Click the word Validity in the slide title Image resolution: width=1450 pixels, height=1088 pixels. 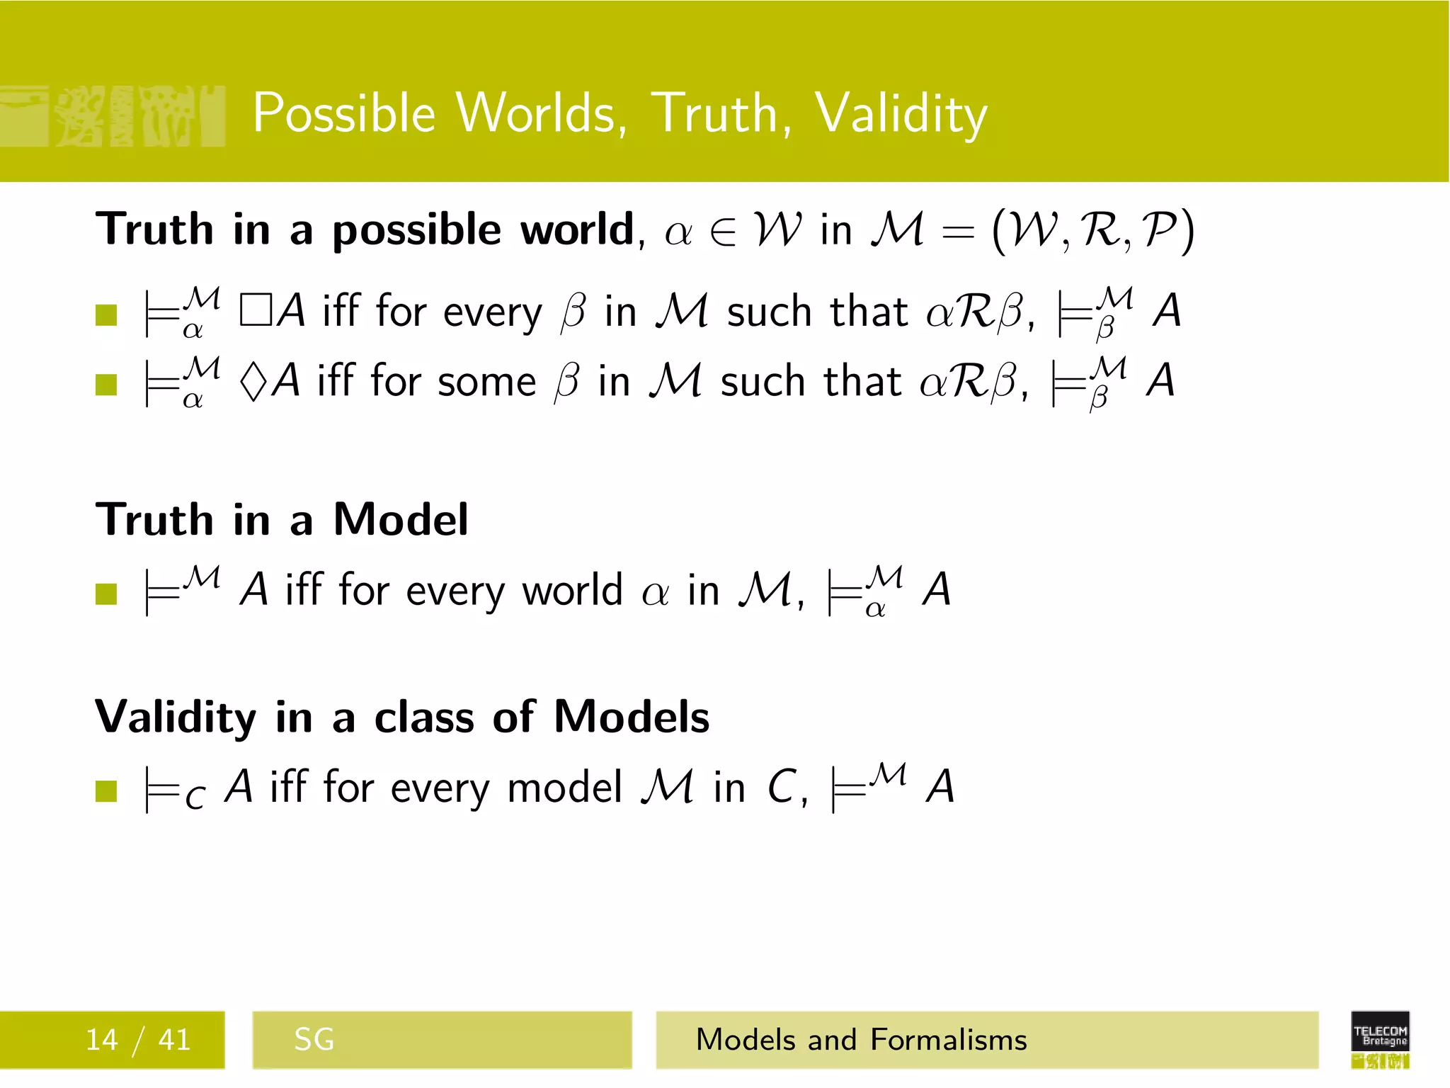[x=901, y=113]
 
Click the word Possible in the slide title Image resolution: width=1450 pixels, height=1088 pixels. [x=344, y=113]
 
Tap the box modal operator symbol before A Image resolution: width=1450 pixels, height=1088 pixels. [x=255, y=312]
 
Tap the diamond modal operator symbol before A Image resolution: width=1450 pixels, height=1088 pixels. [x=253, y=382]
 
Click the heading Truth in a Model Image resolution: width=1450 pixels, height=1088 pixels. [x=282, y=520]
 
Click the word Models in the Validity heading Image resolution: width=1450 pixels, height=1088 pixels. [x=631, y=717]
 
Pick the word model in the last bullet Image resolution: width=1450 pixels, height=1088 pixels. [x=564, y=788]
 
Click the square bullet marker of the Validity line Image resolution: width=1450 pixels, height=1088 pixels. [x=106, y=790]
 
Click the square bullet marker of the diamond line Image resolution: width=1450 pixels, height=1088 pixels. [x=106, y=385]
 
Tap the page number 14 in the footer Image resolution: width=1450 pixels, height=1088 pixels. [x=101, y=1040]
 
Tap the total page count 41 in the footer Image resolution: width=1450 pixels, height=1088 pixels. [x=174, y=1040]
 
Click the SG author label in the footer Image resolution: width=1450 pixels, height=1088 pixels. [x=314, y=1040]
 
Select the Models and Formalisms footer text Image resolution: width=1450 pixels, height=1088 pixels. [x=861, y=1040]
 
